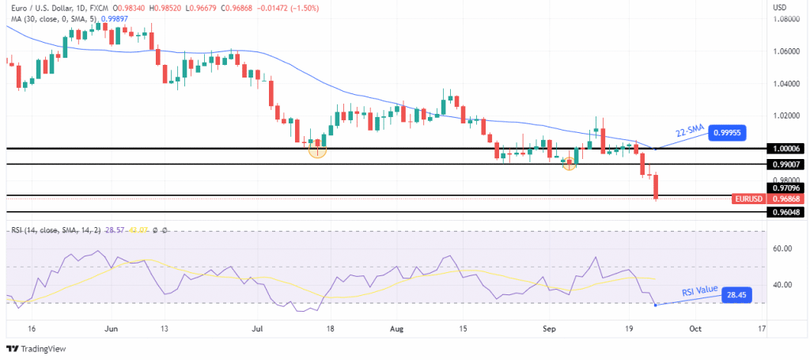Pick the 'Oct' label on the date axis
[x=695, y=328]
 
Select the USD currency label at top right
[x=780, y=7]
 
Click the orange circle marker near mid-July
[x=317, y=149]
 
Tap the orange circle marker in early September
[x=569, y=164]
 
